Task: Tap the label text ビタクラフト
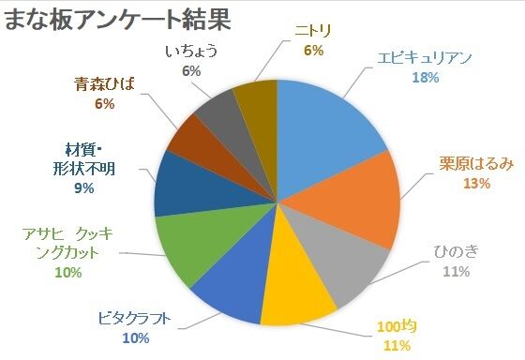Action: click(134, 318)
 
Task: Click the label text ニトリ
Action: click(312, 30)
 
